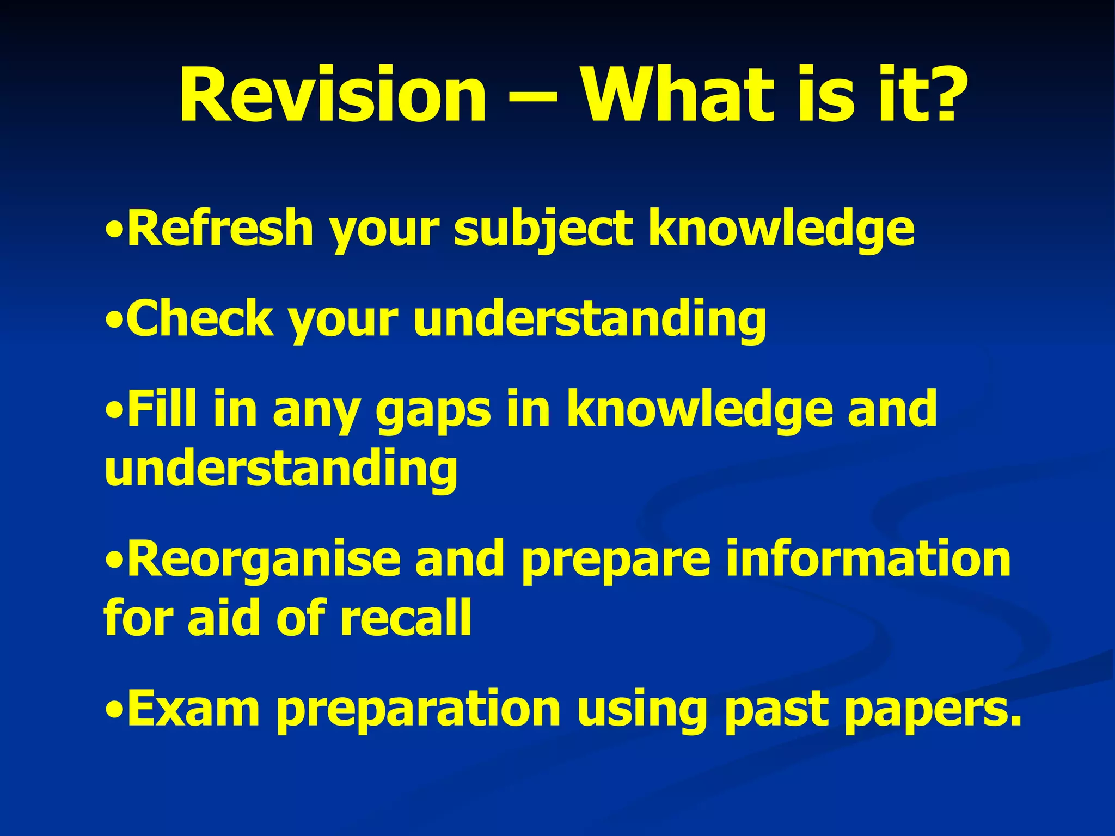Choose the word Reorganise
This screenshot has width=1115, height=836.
click(x=264, y=561)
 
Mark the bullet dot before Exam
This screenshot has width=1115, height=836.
click(x=114, y=711)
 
